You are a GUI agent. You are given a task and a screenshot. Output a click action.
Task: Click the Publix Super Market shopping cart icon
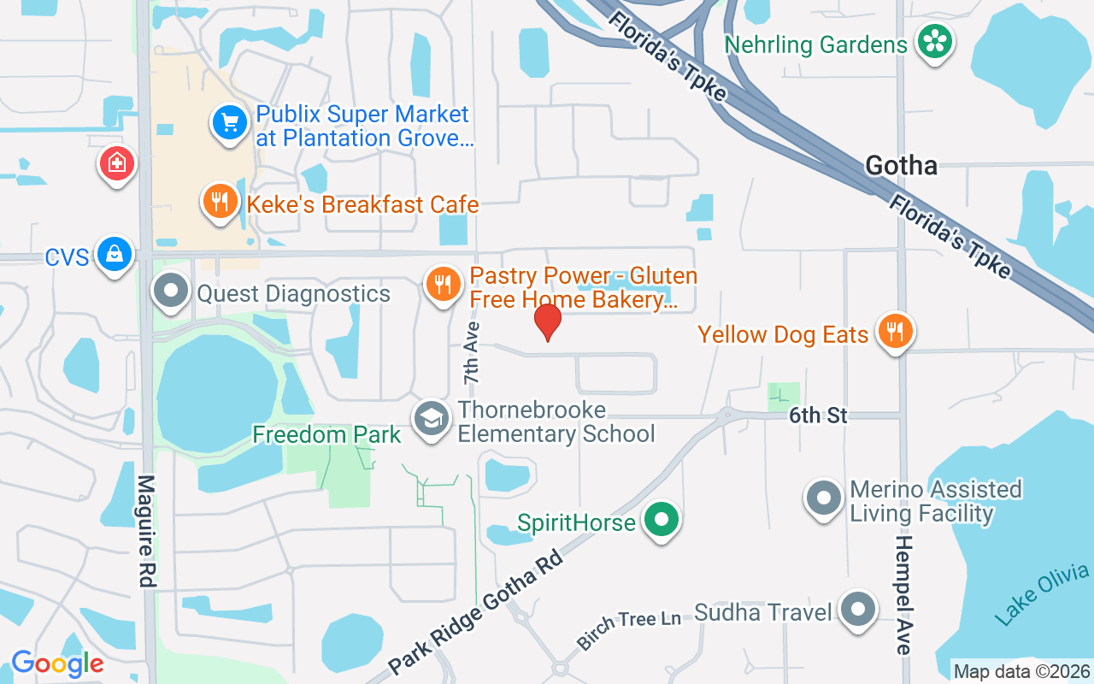pyautogui.click(x=229, y=123)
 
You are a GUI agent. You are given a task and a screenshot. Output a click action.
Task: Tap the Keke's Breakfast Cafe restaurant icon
pyautogui.click(x=221, y=202)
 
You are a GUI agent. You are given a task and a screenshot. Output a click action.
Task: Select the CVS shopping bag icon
pyautogui.click(x=114, y=254)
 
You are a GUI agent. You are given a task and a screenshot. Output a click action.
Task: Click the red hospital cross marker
pyautogui.click(x=117, y=162)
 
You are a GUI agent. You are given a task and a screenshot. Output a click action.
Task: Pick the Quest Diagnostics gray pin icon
pyautogui.click(x=171, y=291)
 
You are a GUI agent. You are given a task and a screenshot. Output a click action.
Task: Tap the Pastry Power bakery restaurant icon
pyautogui.click(x=442, y=284)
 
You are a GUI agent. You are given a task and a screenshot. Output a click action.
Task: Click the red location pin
pyautogui.click(x=547, y=321)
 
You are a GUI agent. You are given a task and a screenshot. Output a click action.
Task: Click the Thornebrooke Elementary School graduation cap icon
pyautogui.click(x=432, y=419)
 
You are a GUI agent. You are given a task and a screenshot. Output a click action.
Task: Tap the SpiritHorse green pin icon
pyautogui.click(x=660, y=520)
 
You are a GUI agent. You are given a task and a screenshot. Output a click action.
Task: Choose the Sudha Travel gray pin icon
pyautogui.click(x=858, y=610)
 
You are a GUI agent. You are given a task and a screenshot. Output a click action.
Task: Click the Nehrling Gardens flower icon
pyautogui.click(x=935, y=41)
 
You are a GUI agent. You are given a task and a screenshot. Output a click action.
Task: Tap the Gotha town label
pyautogui.click(x=901, y=165)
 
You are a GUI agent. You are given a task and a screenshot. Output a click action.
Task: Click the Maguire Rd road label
pyautogui.click(x=146, y=531)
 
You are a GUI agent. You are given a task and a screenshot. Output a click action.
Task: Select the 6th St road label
pyautogui.click(x=818, y=416)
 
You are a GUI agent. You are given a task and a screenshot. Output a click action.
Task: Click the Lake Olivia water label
pyautogui.click(x=1044, y=594)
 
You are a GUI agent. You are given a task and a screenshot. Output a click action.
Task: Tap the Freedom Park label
pyautogui.click(x=326, y=434)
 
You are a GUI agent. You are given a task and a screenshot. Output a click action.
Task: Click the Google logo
pyautogui.click(x=57, y=663)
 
